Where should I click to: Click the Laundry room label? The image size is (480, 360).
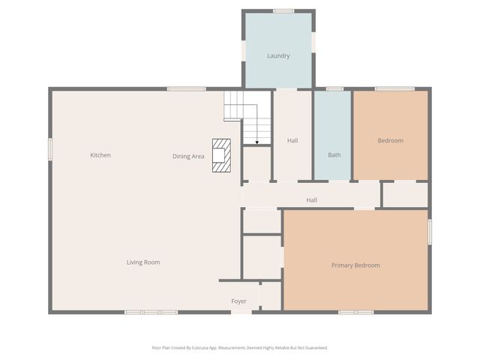(x=278, y=55)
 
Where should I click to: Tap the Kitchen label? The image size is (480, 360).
(x=100, y=155)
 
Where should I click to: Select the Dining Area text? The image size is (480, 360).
(x=188, y=156)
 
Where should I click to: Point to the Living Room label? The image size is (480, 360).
(x=142, y=262)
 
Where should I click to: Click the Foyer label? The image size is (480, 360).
(x=238, y=301)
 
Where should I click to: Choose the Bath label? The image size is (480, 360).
(x=334, y=155)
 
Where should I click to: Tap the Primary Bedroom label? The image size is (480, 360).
(x=355, y=265)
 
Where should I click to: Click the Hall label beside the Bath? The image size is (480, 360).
(x=292, y=140)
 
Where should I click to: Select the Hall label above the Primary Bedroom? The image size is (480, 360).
(x=311, y=200)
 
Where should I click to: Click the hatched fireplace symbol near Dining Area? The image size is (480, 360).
(x=221, y=155)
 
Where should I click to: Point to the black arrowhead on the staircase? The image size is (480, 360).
(x=256, y=142)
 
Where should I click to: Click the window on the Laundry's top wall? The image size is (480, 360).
(x=283, y=10)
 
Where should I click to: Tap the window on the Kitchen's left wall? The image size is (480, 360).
(x=50, y=148)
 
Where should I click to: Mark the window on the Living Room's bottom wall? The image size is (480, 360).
(x=151, y=312)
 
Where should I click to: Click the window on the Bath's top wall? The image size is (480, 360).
(x=334, y=88)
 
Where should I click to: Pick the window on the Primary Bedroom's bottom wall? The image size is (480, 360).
(x=355, y=312)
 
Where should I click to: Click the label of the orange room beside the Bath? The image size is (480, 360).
(x=390, y=140)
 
